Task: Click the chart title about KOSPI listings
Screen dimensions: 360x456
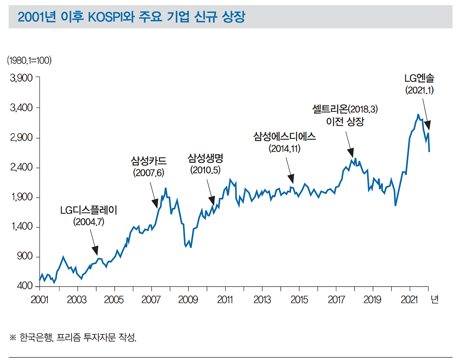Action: coord(131,17)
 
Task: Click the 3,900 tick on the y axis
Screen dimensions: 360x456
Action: coord(21,78)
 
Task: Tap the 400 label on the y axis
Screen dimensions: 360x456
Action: coord(25,286)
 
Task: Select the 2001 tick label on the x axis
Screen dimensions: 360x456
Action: coord(39,299)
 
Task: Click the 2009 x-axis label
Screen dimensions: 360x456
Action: coord(188,299)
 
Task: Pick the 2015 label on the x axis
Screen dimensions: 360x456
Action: coord(299,299)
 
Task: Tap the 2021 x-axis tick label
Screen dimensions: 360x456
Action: coord(409,299)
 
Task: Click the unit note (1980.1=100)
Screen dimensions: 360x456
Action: coord(29,60)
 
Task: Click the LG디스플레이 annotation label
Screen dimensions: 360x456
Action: coord(88,210)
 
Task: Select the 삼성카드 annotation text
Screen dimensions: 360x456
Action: coord(149,161)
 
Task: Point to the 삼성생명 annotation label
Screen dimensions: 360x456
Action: coord(205,158)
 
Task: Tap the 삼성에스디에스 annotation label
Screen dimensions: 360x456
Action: coord(284,136)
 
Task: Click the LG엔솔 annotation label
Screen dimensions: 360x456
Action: coord(419,78)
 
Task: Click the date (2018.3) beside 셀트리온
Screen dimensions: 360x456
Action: coord(363,109)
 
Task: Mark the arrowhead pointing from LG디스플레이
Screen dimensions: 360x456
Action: coord(95,251)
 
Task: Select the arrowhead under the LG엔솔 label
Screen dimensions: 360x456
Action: coord(427,126)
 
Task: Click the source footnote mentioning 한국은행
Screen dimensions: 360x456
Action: coord(73,337)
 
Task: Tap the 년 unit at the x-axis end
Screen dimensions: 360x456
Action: coord(434,299)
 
